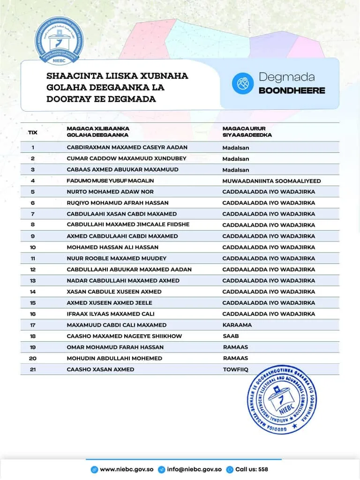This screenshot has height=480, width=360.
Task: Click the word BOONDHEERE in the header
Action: tap(292, 90)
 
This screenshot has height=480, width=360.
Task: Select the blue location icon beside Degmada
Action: tap(242, 83)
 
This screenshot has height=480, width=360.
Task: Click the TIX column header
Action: tap(33, 132)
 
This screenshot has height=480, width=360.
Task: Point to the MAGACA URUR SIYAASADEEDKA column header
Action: tap(247, 132)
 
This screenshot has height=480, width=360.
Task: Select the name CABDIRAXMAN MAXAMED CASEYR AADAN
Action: tap(127, 147)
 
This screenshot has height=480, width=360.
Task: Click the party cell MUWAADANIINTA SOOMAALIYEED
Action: tap(271, 181)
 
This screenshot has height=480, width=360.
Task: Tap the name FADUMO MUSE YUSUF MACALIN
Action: tap(110, 180)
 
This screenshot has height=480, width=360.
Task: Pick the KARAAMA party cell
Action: tap(237, 325)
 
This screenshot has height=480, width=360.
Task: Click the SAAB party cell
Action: tap(231, 336)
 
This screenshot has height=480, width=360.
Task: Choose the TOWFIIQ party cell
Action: tap(236, 369)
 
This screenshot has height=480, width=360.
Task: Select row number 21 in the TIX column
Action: tap(33, 369)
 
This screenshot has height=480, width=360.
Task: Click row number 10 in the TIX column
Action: tap(33, 247)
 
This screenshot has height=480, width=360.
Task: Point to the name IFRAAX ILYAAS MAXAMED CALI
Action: tap(111, 314)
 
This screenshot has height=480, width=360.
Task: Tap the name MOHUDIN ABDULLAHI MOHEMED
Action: tap(114, 358)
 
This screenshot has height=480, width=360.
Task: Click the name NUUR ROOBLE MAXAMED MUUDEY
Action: tap(117, 258)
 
